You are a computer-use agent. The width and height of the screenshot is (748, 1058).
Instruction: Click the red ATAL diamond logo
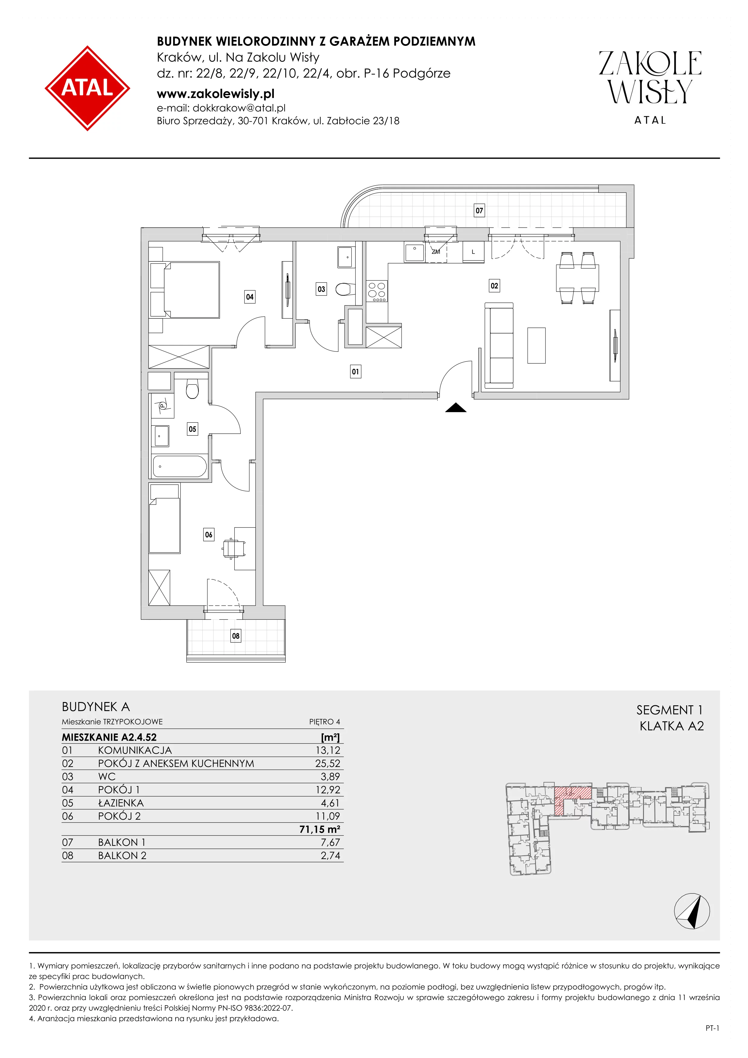pos(87,88)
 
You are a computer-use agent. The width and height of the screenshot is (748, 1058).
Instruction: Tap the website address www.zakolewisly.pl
pos(216,94)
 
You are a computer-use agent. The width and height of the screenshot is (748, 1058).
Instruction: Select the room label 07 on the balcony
pos(480,211)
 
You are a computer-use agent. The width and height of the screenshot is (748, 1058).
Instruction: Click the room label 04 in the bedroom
pos(250,297)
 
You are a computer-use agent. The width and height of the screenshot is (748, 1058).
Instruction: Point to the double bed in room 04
pos(185,290)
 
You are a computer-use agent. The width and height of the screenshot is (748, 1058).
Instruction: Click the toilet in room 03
pos(345,289)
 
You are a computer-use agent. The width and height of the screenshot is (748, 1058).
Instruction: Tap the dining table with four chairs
pos(578,278)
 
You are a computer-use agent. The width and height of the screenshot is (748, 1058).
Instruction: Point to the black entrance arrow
pos(456,407)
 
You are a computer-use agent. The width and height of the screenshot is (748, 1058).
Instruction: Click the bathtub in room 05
pos(179,466)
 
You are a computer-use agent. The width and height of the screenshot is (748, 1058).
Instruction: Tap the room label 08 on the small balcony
pos(236,636)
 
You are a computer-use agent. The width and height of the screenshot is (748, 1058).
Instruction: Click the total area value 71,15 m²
pos(320,829)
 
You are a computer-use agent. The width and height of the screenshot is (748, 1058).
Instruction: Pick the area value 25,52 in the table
pos(328,764)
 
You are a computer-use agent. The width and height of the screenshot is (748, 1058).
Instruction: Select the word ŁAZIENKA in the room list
pos(121,803)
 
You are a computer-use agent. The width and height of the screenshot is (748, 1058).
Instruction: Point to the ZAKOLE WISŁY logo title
pos(650,78)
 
